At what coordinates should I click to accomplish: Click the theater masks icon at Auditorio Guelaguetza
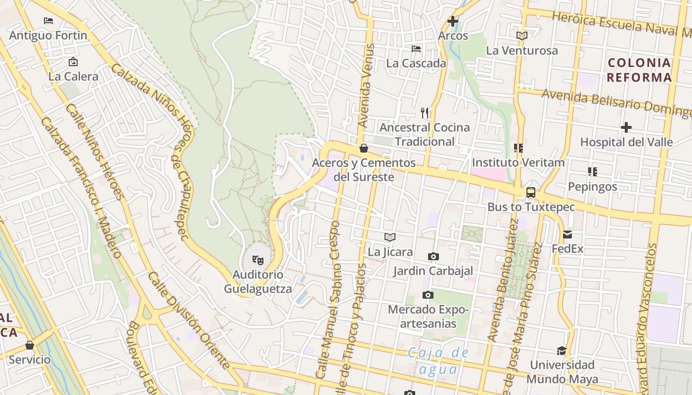coord(258,259)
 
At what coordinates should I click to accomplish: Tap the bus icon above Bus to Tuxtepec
coord(531,192)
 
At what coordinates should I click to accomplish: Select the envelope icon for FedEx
coord(567,235)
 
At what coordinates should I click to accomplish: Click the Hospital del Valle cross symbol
coord(626,127)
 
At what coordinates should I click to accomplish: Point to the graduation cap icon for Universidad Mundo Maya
coord(562,351)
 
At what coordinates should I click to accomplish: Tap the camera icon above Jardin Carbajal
coord(433,256)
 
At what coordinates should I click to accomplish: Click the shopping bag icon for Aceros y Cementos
coord(364,148)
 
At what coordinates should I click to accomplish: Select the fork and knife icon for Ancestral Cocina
coord(425,113)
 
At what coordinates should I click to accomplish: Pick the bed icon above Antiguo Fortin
coord(48,21)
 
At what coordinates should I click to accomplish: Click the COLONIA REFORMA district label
coord(639,70)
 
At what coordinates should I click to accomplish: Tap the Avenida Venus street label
coord(366,86)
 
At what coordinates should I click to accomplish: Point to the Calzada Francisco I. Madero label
coord(81,188)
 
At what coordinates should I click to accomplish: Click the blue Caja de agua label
coord(438,361)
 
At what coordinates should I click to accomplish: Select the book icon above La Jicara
coord(390,237)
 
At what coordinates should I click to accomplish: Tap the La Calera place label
coord(73,77)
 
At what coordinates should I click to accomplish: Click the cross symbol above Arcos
coord(453,21)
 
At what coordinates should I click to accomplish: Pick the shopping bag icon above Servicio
coord(30,345)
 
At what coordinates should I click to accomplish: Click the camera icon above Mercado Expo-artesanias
coord(428,295)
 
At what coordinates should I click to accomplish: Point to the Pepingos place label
coord(593,187)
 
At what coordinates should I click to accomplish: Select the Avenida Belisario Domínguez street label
coord(615,103)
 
